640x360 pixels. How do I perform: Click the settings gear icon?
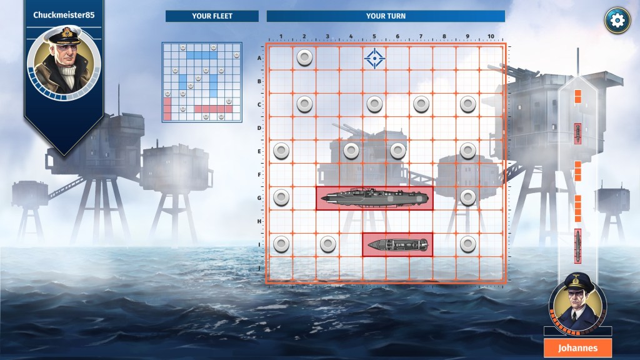(x=617, y=21)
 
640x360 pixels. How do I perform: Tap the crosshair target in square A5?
(x=374, y=58)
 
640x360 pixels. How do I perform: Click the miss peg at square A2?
(x=304, y=58)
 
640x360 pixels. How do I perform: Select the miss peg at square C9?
(x=467, y=104)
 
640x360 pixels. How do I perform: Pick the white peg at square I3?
(x=327, y=244)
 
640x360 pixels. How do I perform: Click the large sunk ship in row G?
(x=374, y=198)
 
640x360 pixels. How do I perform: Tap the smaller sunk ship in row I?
(x=397, y=245)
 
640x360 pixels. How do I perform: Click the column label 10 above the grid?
(x=491, y=36)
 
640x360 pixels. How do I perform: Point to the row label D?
(x=259, y=128)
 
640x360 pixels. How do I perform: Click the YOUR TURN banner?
(x=386, y=16)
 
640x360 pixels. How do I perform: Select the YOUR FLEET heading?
(x=212, y=16)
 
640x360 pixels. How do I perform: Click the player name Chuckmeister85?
(x=64, y=15)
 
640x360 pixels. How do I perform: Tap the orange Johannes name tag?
(x=577, y=348)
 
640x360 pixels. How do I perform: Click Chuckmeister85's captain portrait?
(x=64, y=62)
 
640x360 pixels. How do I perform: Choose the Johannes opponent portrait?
(x=577, y=302)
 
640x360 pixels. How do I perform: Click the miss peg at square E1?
(x=281, y=151)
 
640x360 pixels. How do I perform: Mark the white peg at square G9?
(x=467, y=197)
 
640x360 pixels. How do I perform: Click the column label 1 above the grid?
(x=281, y=36)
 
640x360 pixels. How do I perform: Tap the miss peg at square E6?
(x=397, y=151)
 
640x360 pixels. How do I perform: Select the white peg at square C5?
(x=374, y=104)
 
